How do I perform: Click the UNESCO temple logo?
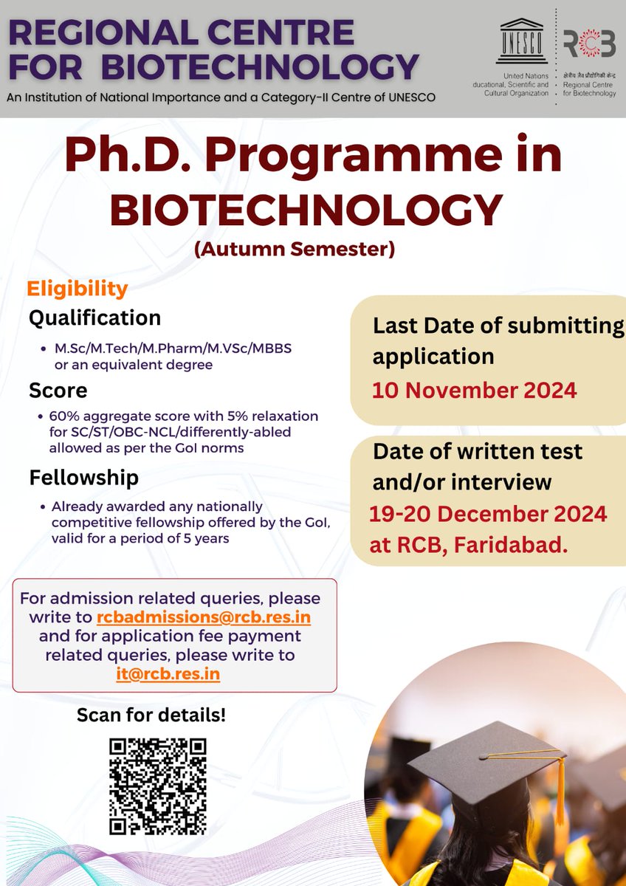tap(523, 46)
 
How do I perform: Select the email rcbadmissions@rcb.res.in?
tap(208, 617)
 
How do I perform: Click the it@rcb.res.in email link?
tap(168, 673)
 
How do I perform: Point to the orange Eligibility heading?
tap(78, 288)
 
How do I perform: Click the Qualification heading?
tap(94, 318)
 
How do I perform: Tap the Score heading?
tap(58, 390)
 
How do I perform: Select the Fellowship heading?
tap(83, 478)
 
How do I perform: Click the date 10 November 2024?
tap(474, 390)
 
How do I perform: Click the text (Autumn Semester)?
tap(295, 250)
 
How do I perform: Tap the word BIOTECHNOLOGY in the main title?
tap(306, 210)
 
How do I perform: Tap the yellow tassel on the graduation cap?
tap(560, 790)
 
